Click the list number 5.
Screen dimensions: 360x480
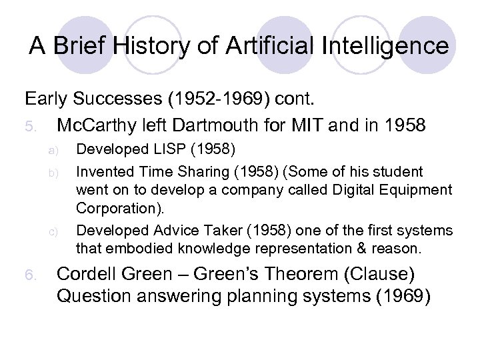point(29,126)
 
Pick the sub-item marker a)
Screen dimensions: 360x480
point(57,149)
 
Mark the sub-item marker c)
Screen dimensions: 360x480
point(57,232)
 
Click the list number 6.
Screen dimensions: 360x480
point(29,276)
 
